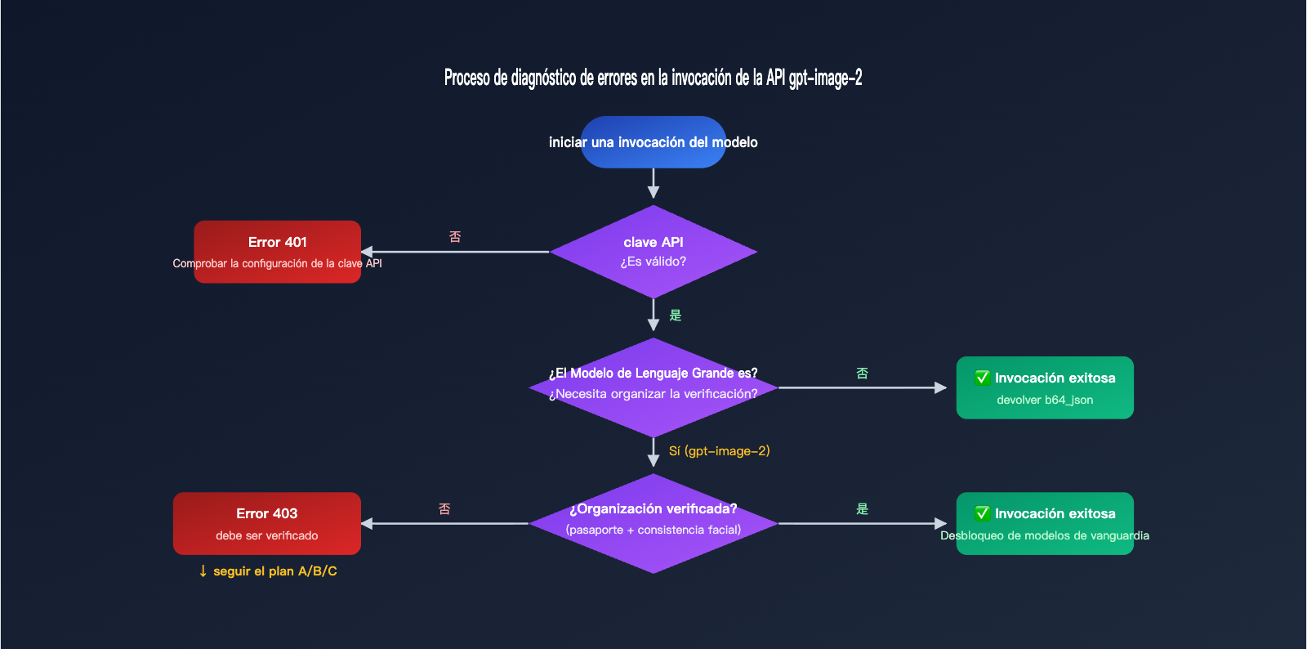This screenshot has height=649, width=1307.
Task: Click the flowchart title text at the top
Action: [x=653, y=78]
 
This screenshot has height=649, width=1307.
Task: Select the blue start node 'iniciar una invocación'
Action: [x=653, y=142]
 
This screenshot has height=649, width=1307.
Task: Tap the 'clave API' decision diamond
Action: [x=653, y=251]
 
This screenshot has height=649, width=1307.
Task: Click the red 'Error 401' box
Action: [x=277, y=243]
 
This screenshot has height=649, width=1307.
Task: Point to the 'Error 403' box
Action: [x=266, y=522]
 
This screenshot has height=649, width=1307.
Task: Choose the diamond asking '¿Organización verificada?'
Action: [x=653, y=522]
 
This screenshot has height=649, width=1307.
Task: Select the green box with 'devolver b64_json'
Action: [x=1044, y=387]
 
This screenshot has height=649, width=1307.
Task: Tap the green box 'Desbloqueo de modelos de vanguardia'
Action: [x=1044, y=523]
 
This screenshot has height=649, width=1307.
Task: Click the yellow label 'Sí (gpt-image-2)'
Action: [x=719, y=451]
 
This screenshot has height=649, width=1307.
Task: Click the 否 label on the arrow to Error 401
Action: [x=455, y=237]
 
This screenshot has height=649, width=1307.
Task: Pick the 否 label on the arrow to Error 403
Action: [x=444, y=509]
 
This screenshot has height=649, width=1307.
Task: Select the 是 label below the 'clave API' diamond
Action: [x=676, y=316]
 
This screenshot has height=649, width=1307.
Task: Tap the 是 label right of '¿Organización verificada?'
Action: [x=862, y=509]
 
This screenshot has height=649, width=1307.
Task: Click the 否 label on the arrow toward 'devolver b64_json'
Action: [x=862, y=374]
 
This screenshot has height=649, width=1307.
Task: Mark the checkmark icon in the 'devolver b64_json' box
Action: [x=983, y=378]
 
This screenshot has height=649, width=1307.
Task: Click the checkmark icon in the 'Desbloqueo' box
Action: [x=983, y=513]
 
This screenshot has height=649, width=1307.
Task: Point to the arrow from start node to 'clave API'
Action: [x=653, y=183]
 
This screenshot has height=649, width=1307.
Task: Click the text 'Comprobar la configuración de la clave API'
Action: [x=277, y=263]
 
